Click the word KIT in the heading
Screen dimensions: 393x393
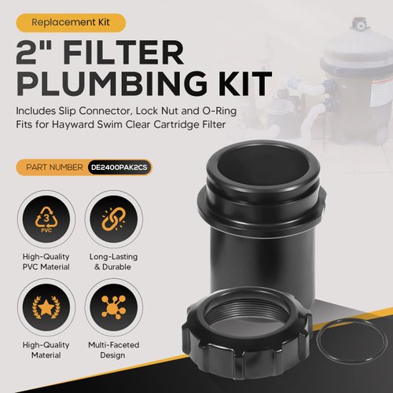click(239, 82)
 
